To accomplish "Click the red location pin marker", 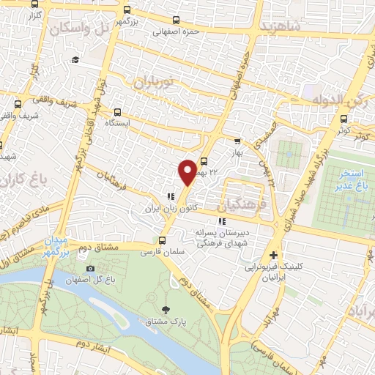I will pyautogui.click(x=187, y=171).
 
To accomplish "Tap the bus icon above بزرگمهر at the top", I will pyautogui.click(x=127, y=10).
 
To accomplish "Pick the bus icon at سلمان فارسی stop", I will pyautogui.click(x=163, y=240).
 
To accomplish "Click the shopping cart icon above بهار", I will pyautogui.click(x=237, y=142).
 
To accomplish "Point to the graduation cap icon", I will pyautogui.click(x=75, y=59).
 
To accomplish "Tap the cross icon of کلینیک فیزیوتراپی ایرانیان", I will pyautogui.click(x=273, y=256).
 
